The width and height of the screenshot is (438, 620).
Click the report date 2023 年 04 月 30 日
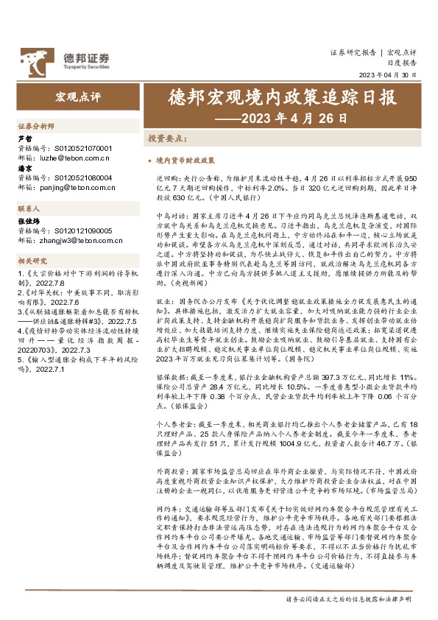387,75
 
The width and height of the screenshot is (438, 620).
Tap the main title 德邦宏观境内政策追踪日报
282,99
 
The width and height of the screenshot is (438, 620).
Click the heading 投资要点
166,138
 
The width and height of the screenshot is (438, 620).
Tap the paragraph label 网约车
166,487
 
